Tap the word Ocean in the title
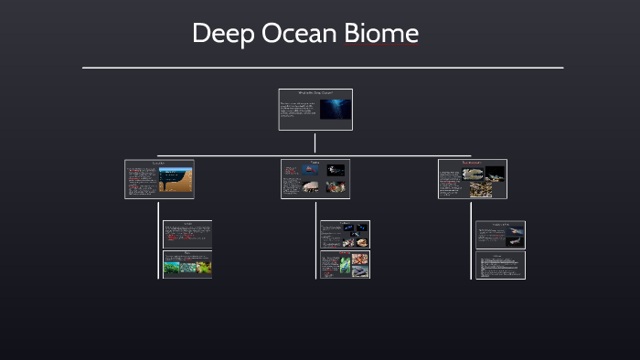coord(302,35)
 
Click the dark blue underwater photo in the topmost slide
coord(335,109)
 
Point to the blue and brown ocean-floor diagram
coord(176,180)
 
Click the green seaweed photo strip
coord(187,267)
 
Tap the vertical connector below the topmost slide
coord(315,143)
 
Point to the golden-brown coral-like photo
coord(481,190)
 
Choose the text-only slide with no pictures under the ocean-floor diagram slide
coord(187,234)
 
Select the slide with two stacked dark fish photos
coord(500,234)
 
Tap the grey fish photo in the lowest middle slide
coord(360,271)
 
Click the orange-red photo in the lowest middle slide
coord(360,258)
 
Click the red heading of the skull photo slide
coord(472,163)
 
